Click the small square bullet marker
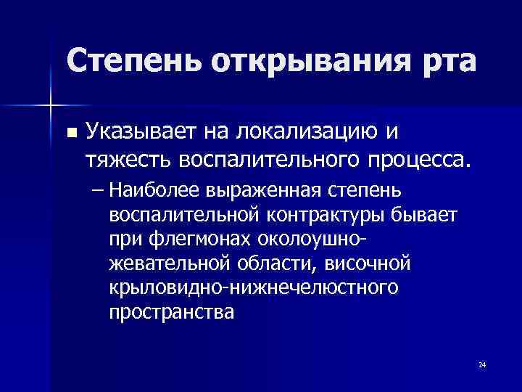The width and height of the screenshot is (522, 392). tap(70, 133)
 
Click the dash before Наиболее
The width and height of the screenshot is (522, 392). tap(98, 190)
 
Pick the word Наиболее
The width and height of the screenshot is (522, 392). tap(149, 190)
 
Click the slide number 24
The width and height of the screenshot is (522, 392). tap(481, 364)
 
